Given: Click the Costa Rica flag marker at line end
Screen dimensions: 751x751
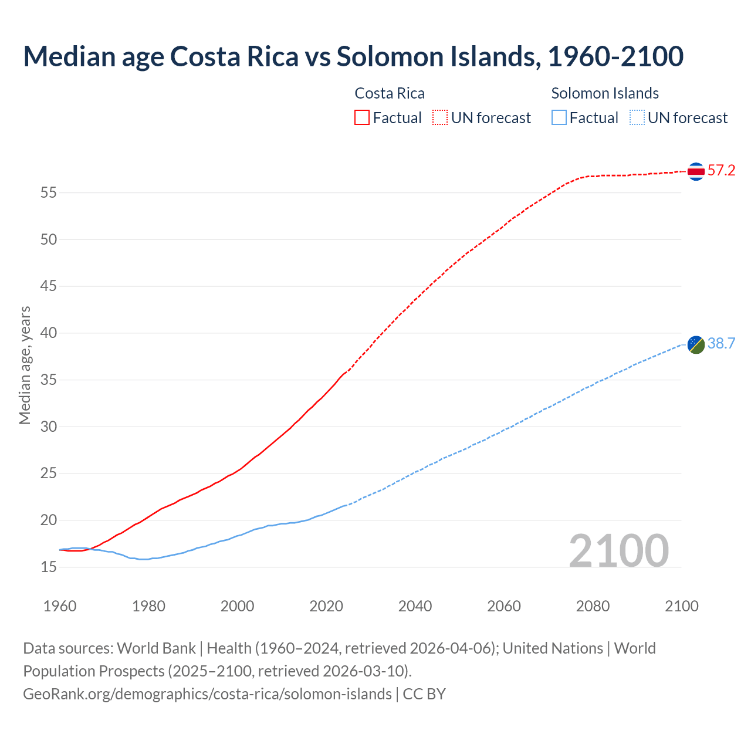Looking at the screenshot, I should (696, 171).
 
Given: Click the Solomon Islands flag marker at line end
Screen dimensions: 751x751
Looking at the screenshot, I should (696, 344).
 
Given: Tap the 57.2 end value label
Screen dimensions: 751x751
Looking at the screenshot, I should (721, 171).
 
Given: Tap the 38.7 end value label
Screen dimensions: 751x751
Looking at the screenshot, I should (721, 344).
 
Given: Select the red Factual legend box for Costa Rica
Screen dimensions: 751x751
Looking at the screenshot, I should (362, 118).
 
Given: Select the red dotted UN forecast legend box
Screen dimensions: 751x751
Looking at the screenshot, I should (440, 118).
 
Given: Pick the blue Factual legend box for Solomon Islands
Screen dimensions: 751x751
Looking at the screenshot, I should (559, 118).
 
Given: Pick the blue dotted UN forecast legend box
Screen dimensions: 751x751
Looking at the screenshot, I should (637, 118).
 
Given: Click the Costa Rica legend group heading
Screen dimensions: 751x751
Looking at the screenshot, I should (390, 93).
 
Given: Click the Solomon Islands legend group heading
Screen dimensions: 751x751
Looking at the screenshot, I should (605, 93).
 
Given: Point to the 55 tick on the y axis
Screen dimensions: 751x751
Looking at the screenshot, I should (49, 192).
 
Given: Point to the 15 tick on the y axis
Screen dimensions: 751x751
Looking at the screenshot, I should (49, 567).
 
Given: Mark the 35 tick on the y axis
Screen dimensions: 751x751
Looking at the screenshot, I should (49, 380).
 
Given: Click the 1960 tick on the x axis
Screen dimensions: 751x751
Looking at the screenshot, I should (60, 606).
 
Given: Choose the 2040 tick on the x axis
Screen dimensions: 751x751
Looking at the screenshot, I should (415, 606).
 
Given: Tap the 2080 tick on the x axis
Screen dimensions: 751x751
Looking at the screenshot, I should (593, 606).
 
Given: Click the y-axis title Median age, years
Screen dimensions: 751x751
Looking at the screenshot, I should (25, 365).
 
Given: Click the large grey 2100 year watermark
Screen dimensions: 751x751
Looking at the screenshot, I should (619, 550).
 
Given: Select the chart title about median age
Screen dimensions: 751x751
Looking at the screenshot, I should (353, 56).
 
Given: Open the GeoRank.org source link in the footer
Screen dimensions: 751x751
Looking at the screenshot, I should (207, 694).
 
